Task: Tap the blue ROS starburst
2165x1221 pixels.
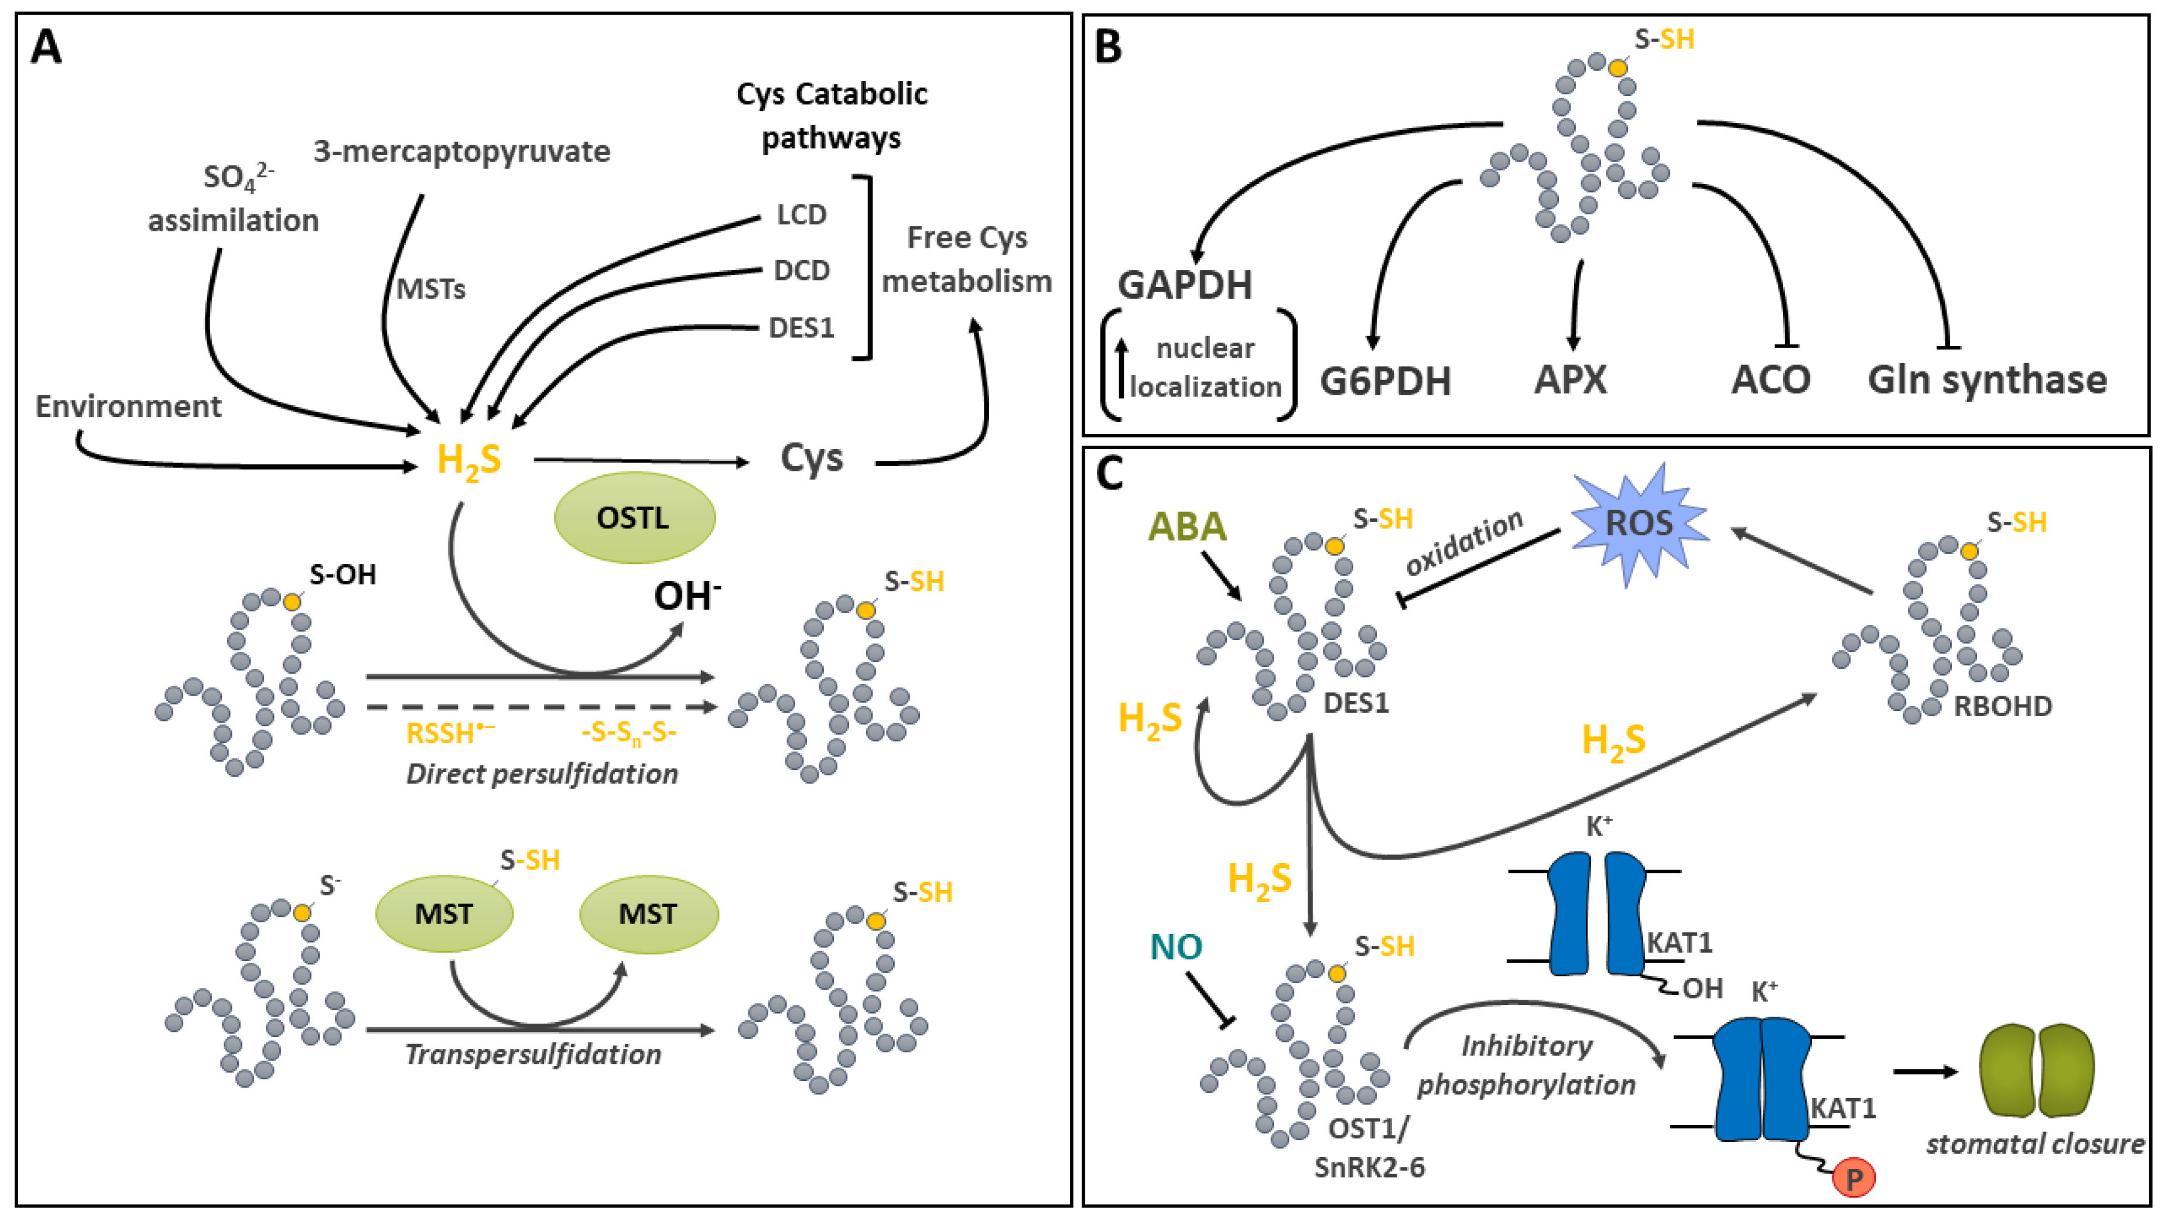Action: click(x=1639, y=524)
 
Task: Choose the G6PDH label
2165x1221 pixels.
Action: click(x=1385, y=381)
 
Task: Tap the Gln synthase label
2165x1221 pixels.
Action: click(x=1987, y=380)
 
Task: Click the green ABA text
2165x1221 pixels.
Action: click(x=1186, y=527)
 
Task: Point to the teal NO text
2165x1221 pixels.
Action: click(x=1176, y=947)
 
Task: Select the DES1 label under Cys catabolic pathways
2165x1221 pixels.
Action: click(x=801, y=328)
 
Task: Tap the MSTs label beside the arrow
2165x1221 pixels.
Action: click(x=430, y=289)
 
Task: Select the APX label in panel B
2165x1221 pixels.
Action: click(x=1570, y=380)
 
